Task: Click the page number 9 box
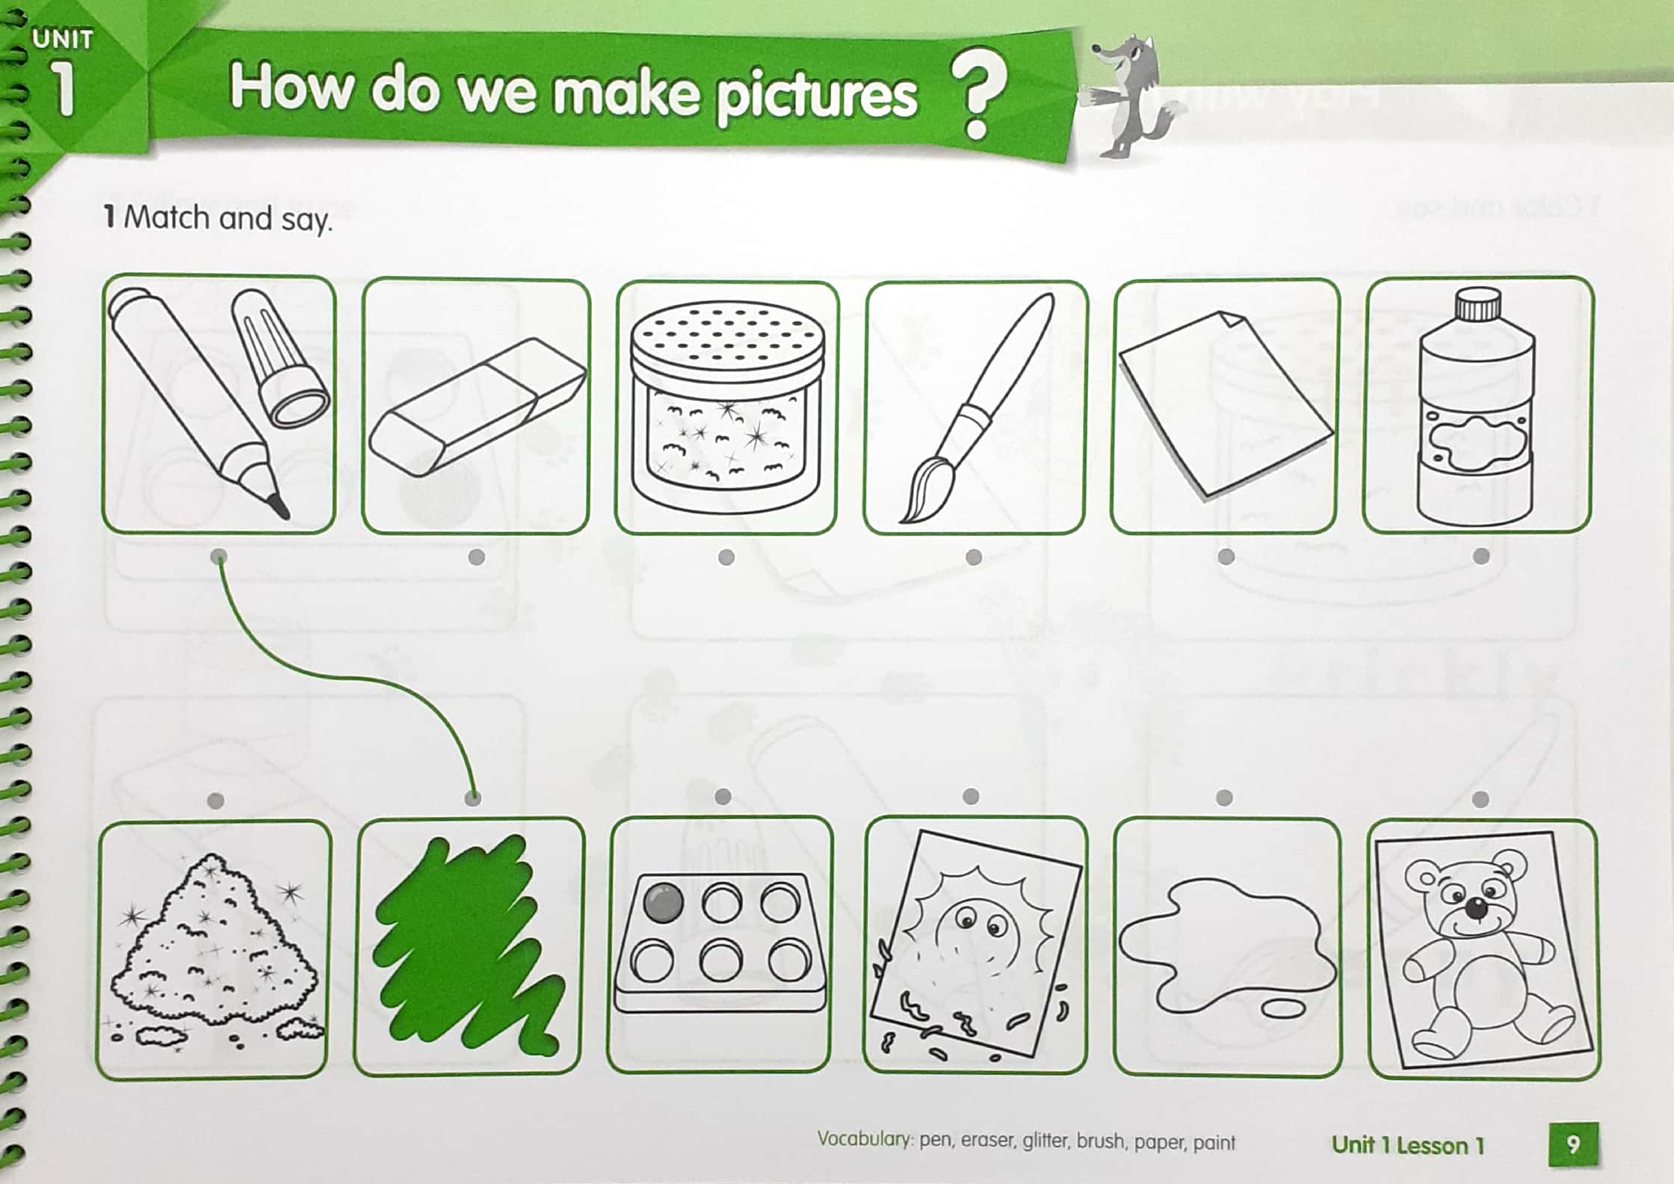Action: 1572,1144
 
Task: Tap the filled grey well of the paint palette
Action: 663,902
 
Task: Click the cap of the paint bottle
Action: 1477,304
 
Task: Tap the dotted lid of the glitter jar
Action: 726,337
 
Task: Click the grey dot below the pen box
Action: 219,557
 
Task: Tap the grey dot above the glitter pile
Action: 215,801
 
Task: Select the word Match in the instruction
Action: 166,218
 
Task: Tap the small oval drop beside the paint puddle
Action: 1283,1010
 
